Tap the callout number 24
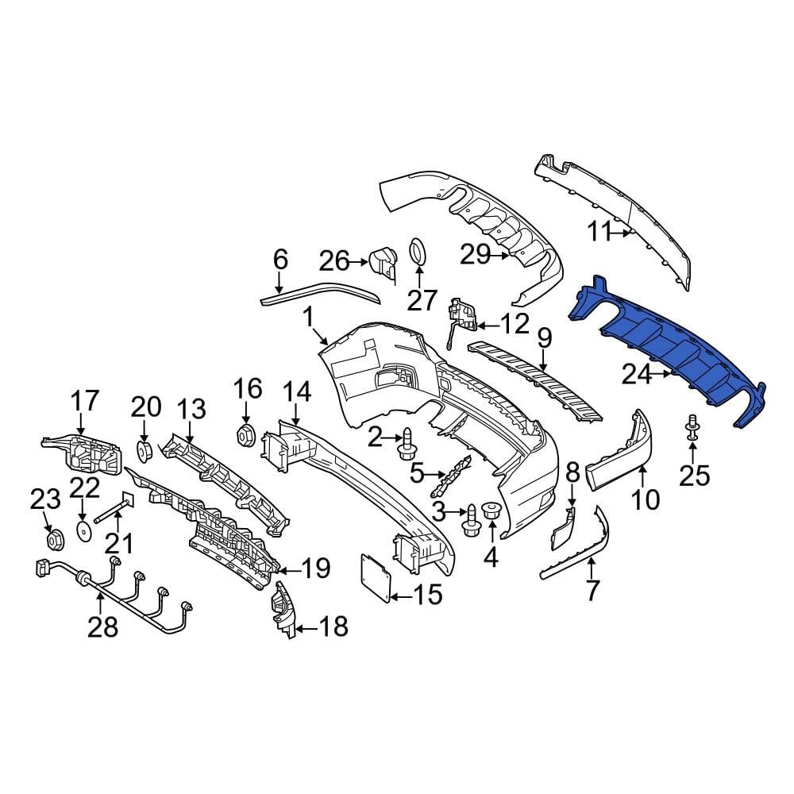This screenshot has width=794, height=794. click(x=637, y=376)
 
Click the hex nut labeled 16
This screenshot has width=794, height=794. click(x=245, y=434)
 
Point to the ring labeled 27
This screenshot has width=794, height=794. click(x=419, y=251)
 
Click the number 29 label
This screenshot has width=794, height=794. click(x=475, y=254)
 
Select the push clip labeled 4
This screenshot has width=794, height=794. click(x=491, y=510)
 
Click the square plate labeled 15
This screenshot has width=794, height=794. click(x=376, y=576)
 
